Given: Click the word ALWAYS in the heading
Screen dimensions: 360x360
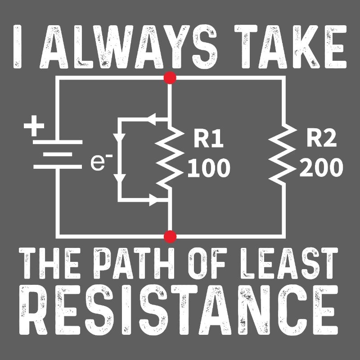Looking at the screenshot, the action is point(129,47).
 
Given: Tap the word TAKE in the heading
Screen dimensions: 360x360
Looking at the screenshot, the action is point(290,47).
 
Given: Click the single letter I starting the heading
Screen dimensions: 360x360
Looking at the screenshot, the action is point(18,47).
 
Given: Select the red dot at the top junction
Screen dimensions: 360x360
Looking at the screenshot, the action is point(170,77).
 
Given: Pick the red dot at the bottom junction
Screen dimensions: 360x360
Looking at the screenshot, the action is point(170,237).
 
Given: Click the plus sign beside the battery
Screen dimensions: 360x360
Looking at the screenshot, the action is point(34,126).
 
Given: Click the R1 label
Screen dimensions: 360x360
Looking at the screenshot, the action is point(208,139).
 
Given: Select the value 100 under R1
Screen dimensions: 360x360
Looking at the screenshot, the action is point(209,168).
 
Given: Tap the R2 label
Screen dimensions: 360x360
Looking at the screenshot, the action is point(321,139).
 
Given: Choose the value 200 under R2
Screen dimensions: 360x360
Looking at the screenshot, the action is point(321,168).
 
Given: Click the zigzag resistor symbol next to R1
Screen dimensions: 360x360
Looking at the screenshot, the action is point(170,157).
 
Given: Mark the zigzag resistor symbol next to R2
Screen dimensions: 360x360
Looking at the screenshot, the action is point(283,153).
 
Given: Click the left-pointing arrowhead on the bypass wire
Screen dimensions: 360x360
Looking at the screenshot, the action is point(151,119).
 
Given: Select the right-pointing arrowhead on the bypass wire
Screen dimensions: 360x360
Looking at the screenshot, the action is point(153,200).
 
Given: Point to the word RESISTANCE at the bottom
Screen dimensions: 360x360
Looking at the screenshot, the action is point(179,310).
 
